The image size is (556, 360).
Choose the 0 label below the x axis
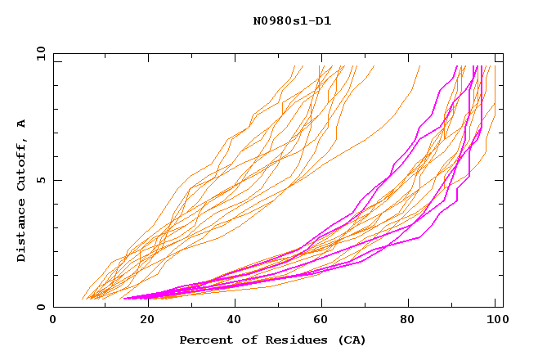(x=54, y=320)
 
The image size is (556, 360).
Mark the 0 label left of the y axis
(x=41, y=308)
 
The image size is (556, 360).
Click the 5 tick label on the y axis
(x=41, y=180)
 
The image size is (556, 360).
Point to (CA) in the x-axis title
(x=351, y=340)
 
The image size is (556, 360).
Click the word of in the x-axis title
(x=247, y=340)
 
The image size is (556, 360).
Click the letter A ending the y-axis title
(x=22, y=124)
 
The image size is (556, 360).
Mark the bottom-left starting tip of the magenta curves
(x=123, y=299)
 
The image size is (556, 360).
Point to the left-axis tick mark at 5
(x=56, y=180)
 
